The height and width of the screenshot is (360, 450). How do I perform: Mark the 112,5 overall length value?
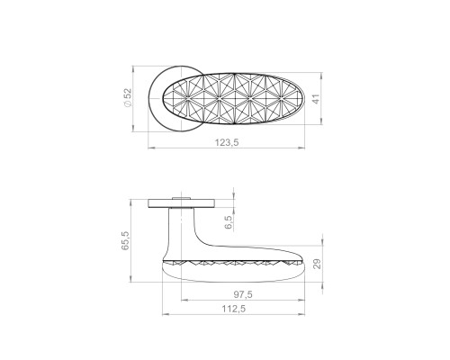[x=233, y=309]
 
